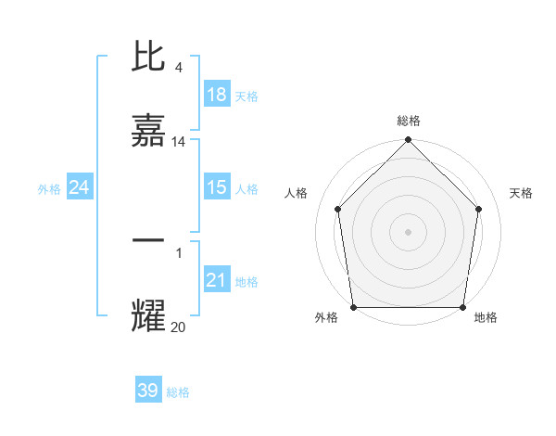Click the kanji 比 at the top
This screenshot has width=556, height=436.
click(x=148, y=58)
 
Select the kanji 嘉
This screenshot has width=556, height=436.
click(x=148, y=133)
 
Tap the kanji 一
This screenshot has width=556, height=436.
click(x=148, y=240)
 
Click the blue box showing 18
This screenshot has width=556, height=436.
click(x=217, y=95)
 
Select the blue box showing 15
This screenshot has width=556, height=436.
click(x=217, y=188)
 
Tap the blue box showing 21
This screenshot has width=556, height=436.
click(x=217, y=280)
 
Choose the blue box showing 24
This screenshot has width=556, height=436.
click(x=79, y=188)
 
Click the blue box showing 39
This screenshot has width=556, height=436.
click(x=148, y=391)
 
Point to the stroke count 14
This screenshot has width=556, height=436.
click(x=179, y=142)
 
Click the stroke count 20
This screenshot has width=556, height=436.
click(x=179, y=326)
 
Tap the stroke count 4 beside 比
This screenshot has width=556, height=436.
click(x=178, y=68)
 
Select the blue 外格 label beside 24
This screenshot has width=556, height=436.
click(x=49, y=189)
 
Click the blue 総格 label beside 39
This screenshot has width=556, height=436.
click(x=178, y=392)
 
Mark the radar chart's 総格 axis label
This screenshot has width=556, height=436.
click(x=408, y=121)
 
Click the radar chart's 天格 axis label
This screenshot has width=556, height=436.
click(x=521, y=193)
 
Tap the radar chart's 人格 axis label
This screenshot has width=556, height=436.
click(x=296, y=193)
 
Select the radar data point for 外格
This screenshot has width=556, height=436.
click(x=353, y=307)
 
